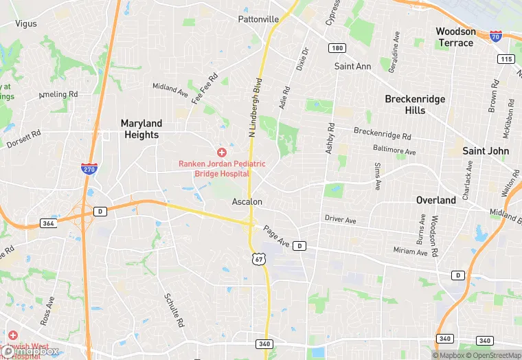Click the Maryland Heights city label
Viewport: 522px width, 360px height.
[x=141, y=129]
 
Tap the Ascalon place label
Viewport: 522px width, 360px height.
[x=247, y=202]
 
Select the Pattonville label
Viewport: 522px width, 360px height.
[x=258, y=19]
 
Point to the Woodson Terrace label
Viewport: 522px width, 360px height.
[x=455, y=37]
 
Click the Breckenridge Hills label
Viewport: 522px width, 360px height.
[x=415, y=104]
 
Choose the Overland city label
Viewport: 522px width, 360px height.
[x=436, y=201]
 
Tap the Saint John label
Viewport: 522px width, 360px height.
[x=485, y=151]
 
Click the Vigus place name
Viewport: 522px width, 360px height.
[x=26, y=23]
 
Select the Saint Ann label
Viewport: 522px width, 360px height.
[x=352, y=67]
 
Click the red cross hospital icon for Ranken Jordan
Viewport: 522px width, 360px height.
[x=222, y=152]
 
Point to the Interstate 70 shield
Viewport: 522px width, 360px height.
[x=496, y=36]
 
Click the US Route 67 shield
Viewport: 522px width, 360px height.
[x=258, y=259]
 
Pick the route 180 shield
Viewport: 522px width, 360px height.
[x=337, y=48]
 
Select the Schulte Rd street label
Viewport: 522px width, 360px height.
[x=174, y=309]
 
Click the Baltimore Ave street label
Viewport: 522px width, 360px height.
[x=395, y=150]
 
